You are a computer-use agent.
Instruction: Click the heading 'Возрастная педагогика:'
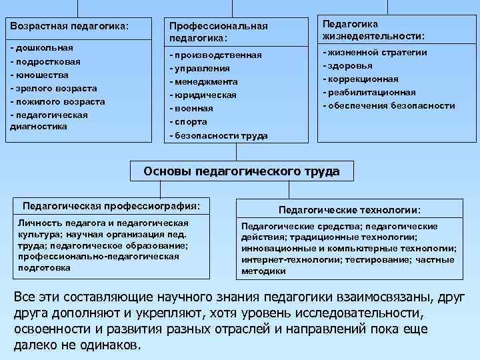[69, 26]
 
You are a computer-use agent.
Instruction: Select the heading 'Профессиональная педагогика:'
[218, 31]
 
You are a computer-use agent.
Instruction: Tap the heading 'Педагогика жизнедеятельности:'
[373, 30]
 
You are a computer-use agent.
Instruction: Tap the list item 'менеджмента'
[206, 82]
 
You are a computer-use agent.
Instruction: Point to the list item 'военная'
[194, 109]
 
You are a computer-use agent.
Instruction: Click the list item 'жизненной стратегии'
[377, 52]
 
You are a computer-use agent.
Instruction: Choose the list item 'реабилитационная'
[371, 93]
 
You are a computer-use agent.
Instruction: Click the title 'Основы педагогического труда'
[241, 171]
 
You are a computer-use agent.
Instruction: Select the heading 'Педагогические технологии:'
[349, 209]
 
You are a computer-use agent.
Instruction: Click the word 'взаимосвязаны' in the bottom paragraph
[393, 297]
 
